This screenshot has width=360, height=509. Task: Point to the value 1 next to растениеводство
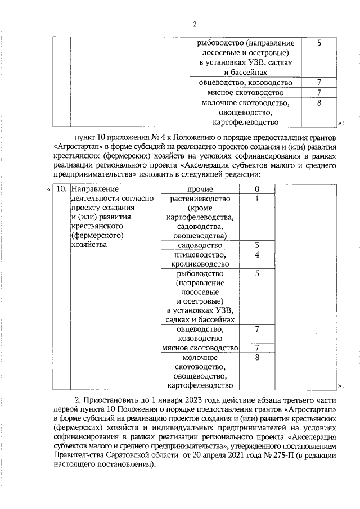(256, 199)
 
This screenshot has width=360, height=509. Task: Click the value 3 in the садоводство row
(256, 245)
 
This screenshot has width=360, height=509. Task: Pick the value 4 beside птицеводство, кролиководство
(256, 255)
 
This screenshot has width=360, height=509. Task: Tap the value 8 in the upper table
(319, 103)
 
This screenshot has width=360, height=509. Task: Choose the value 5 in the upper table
(319, 43)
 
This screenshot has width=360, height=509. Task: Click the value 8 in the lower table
(256, 357)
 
